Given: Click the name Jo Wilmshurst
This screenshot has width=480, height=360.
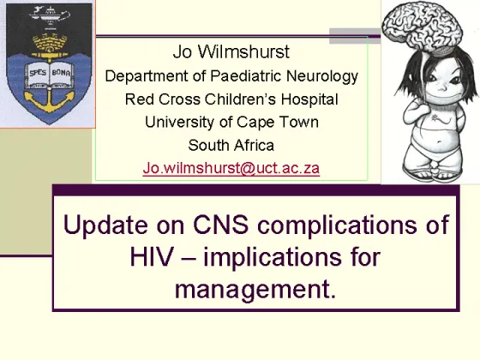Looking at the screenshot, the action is (231, 51).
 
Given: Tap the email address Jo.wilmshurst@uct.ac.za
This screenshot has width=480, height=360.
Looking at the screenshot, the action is (231, 168).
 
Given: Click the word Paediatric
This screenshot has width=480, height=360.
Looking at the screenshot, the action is (246, 75).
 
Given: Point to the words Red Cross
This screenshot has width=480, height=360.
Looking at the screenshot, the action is (163, 99).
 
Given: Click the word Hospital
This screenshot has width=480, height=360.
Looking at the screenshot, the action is (309, 99).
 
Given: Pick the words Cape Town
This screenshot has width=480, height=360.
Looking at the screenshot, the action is (278, 122).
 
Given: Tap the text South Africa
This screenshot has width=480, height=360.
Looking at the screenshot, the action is (231, 145).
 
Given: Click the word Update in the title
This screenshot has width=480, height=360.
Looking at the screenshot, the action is (105, 225).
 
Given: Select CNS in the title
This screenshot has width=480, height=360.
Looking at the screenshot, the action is (221, 225).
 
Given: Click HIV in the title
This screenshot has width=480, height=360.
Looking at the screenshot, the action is (152, 256).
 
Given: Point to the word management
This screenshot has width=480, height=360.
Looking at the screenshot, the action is (255, 290).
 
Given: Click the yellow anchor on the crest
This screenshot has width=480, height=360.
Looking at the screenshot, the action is (49, 99).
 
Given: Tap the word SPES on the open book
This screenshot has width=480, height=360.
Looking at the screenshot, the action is (38, 73).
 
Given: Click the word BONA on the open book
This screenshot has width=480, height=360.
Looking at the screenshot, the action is (61, 73).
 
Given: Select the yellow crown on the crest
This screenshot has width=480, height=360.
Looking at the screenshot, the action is (50, 44).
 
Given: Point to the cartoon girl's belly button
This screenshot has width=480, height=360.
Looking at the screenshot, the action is (440, 142).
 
